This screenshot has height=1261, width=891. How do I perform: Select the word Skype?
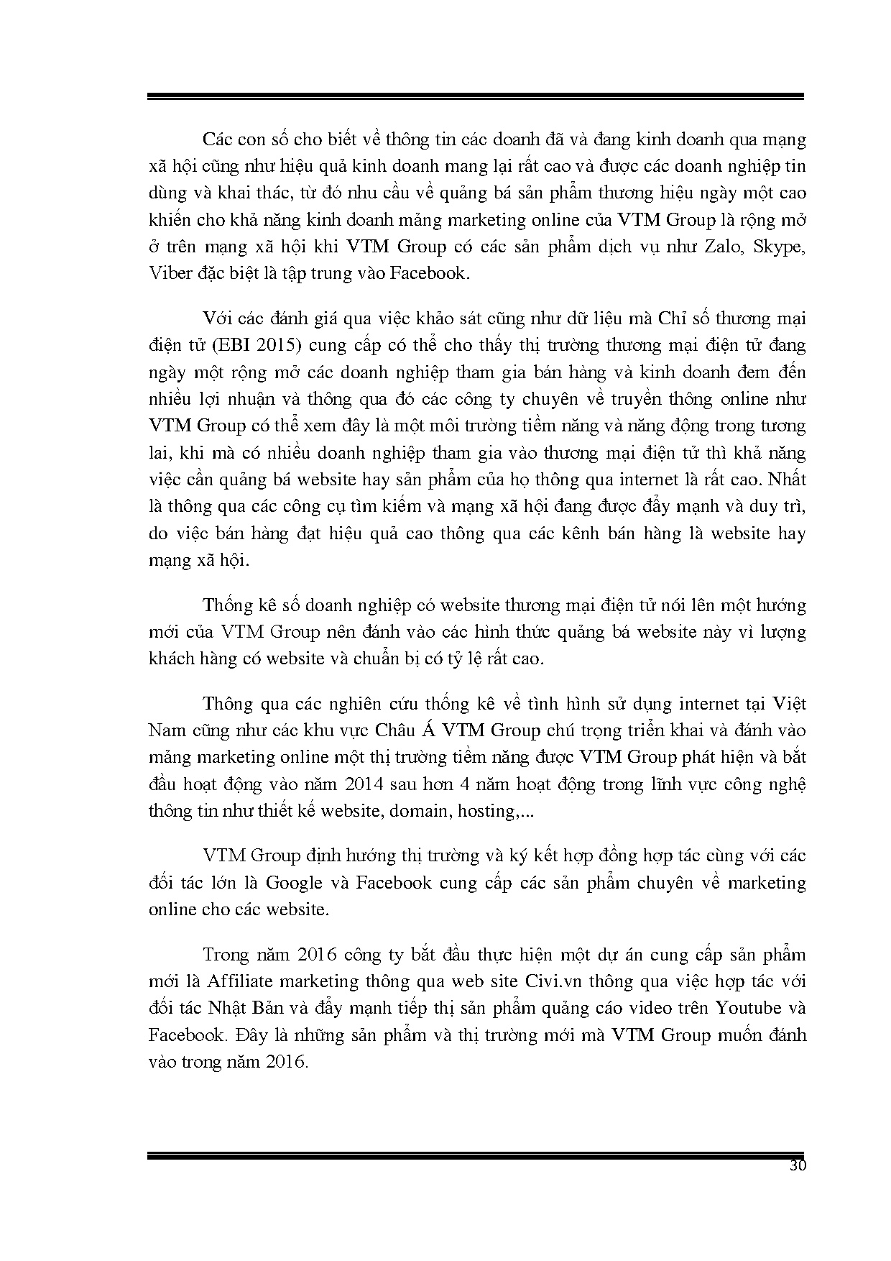(x=778, y=246)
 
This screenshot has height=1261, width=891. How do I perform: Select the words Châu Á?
(x=404, y=730)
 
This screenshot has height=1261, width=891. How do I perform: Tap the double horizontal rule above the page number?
(x=475, y=1155)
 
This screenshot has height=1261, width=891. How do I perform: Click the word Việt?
(x=788, y=702)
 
